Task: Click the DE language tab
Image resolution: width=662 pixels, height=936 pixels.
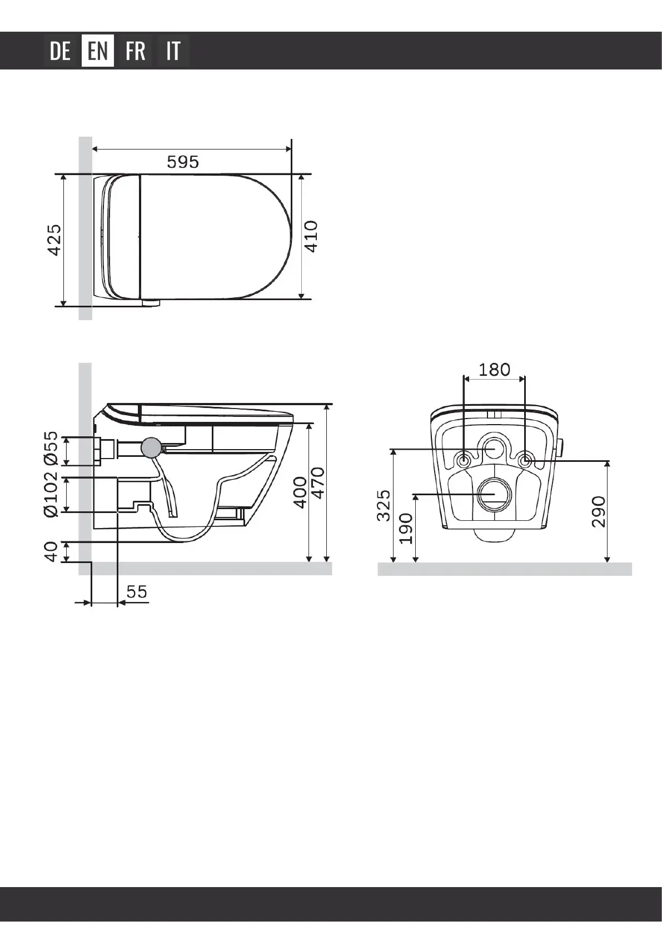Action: coord(60,51)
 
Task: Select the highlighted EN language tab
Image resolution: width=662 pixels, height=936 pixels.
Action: coord(97,51)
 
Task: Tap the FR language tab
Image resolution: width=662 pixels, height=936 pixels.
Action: coord(136,51)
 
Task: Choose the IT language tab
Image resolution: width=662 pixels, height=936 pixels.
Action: coord(173,51)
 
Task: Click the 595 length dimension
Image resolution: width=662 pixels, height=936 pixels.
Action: coord(183,162)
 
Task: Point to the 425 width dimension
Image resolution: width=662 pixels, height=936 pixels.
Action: coord(54,240)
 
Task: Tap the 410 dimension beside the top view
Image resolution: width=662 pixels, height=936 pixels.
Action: coord(311,237)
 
